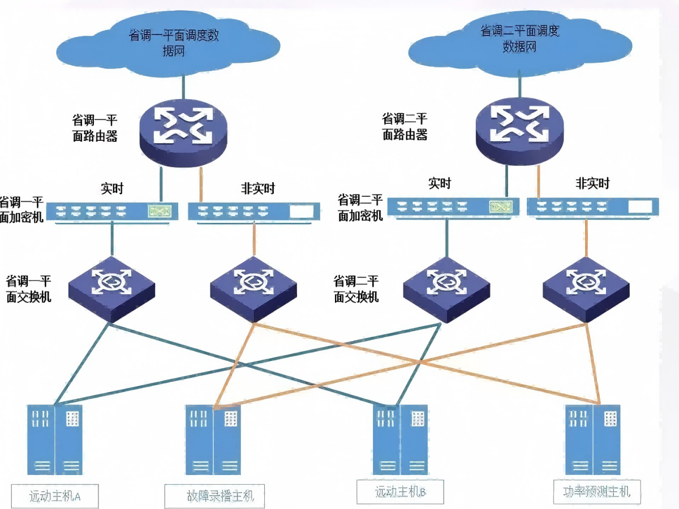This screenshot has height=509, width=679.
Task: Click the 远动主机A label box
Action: pyautogui.click(x=55, y=496)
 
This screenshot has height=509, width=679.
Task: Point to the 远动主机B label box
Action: pyautogui.click(x=400, y=491)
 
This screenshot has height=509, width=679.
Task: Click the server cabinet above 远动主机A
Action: pyautogui.click(x=55, y=440)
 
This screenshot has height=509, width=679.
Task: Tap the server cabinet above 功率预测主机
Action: pyautogui.click(x=592, y=440)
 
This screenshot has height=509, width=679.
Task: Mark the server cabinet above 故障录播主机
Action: pyautogui.click(x=213, y=440)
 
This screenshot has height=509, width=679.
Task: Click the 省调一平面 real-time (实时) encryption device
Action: pyautogui.click(x=112, y=212)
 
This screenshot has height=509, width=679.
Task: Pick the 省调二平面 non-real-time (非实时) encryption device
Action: pyautogui.click(x=593, y=206)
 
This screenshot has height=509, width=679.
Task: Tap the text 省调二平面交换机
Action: pyautogui.click(x=356, y=289)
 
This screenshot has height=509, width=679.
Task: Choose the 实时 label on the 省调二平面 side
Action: pyautogui.click(x=440, y=183)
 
